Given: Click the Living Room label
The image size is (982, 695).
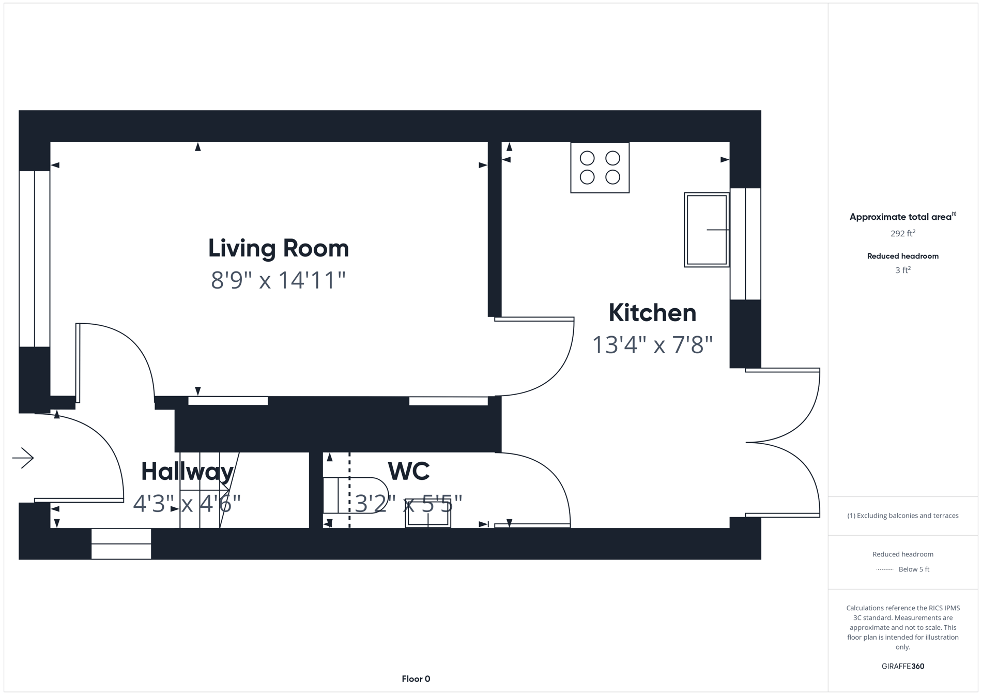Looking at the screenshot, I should pos(278,248).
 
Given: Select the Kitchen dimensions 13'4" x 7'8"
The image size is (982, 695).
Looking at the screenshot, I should pos(652,345).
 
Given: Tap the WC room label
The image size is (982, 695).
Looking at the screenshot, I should pos(408,471).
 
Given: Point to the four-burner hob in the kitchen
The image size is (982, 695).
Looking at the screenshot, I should pos(600,168).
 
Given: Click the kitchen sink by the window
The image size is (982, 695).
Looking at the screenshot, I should pos(706,230).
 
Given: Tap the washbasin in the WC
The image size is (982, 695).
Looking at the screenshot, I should pos(427,513).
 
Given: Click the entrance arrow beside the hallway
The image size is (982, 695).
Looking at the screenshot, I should pos(23,458).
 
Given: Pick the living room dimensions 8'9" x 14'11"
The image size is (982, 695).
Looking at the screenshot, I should pos(278,281).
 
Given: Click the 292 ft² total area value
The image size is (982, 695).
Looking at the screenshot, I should pos(902,234).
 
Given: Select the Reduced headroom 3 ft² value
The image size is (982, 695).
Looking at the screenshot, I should pos(902,270).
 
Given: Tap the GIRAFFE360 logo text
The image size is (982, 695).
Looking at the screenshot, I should pos(902,666).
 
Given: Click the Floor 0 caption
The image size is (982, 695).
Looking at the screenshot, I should pos(416,679).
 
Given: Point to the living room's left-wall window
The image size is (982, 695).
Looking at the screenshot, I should pos(34,259).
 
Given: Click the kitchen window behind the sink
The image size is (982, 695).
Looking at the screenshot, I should pos(745,244).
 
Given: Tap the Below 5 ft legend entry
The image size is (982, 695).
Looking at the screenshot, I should pos(913,569).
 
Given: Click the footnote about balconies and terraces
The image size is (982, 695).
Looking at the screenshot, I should pos(902,516).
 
